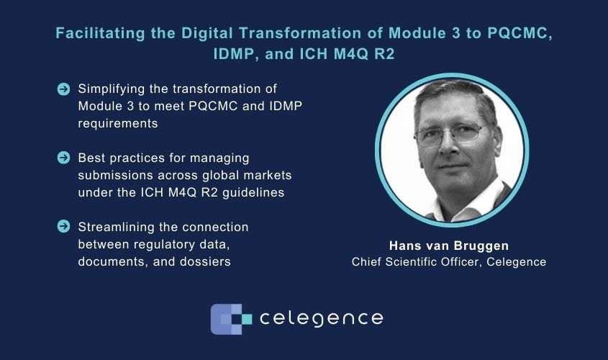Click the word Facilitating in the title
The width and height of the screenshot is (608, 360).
[x=100, y=34]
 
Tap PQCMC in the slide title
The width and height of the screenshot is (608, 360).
[x=519, y=34]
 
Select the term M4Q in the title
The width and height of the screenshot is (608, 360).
[x=351, y=54]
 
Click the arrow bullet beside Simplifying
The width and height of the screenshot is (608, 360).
[x=63, y=89]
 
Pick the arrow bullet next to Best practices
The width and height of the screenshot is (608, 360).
[x=63, y=158]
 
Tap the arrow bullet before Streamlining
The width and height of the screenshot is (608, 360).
[x=63, y=227]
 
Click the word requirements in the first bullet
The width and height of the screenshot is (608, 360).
[x=118, y=124]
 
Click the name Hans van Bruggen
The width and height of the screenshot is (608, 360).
[x=449, y=246]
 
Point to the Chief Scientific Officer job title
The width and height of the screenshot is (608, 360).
[x=416, y=262]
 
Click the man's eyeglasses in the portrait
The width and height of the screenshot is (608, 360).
[x=449, y=134]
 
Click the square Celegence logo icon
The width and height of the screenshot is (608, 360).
[x=231, y=319]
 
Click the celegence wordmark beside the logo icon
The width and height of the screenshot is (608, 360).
[x=321, y=318]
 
